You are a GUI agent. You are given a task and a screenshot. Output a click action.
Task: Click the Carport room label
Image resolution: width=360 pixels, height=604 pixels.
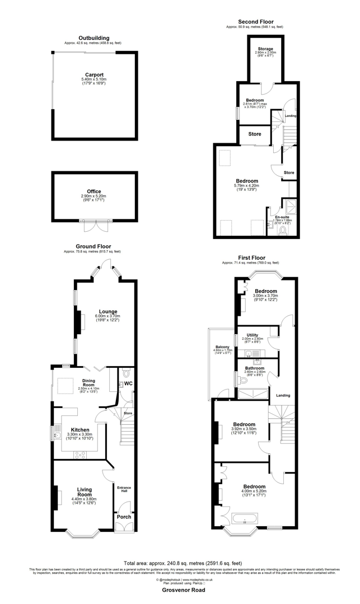coord(94,74)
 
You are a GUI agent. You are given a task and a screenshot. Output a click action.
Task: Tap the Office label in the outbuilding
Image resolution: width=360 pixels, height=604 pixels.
coord(93,191)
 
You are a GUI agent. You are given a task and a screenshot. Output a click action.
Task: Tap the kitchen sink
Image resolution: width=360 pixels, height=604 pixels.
coord(57,432)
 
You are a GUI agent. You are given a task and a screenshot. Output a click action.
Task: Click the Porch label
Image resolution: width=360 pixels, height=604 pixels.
coord(124,517)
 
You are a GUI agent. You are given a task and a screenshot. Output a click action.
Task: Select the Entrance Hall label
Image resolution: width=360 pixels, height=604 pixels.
coord(124,489)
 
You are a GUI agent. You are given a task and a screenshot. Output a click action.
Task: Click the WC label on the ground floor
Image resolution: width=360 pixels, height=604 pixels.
coord(128,383)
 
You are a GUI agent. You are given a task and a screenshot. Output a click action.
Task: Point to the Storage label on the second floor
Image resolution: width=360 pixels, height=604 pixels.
coord(265,49)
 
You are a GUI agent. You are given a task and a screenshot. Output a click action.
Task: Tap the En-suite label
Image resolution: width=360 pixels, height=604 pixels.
coord(282,217)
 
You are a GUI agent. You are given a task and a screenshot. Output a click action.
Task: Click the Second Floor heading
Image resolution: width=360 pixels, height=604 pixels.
coord(255,21)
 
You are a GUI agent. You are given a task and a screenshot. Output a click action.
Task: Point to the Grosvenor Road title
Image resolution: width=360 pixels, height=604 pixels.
coord(180,590)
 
